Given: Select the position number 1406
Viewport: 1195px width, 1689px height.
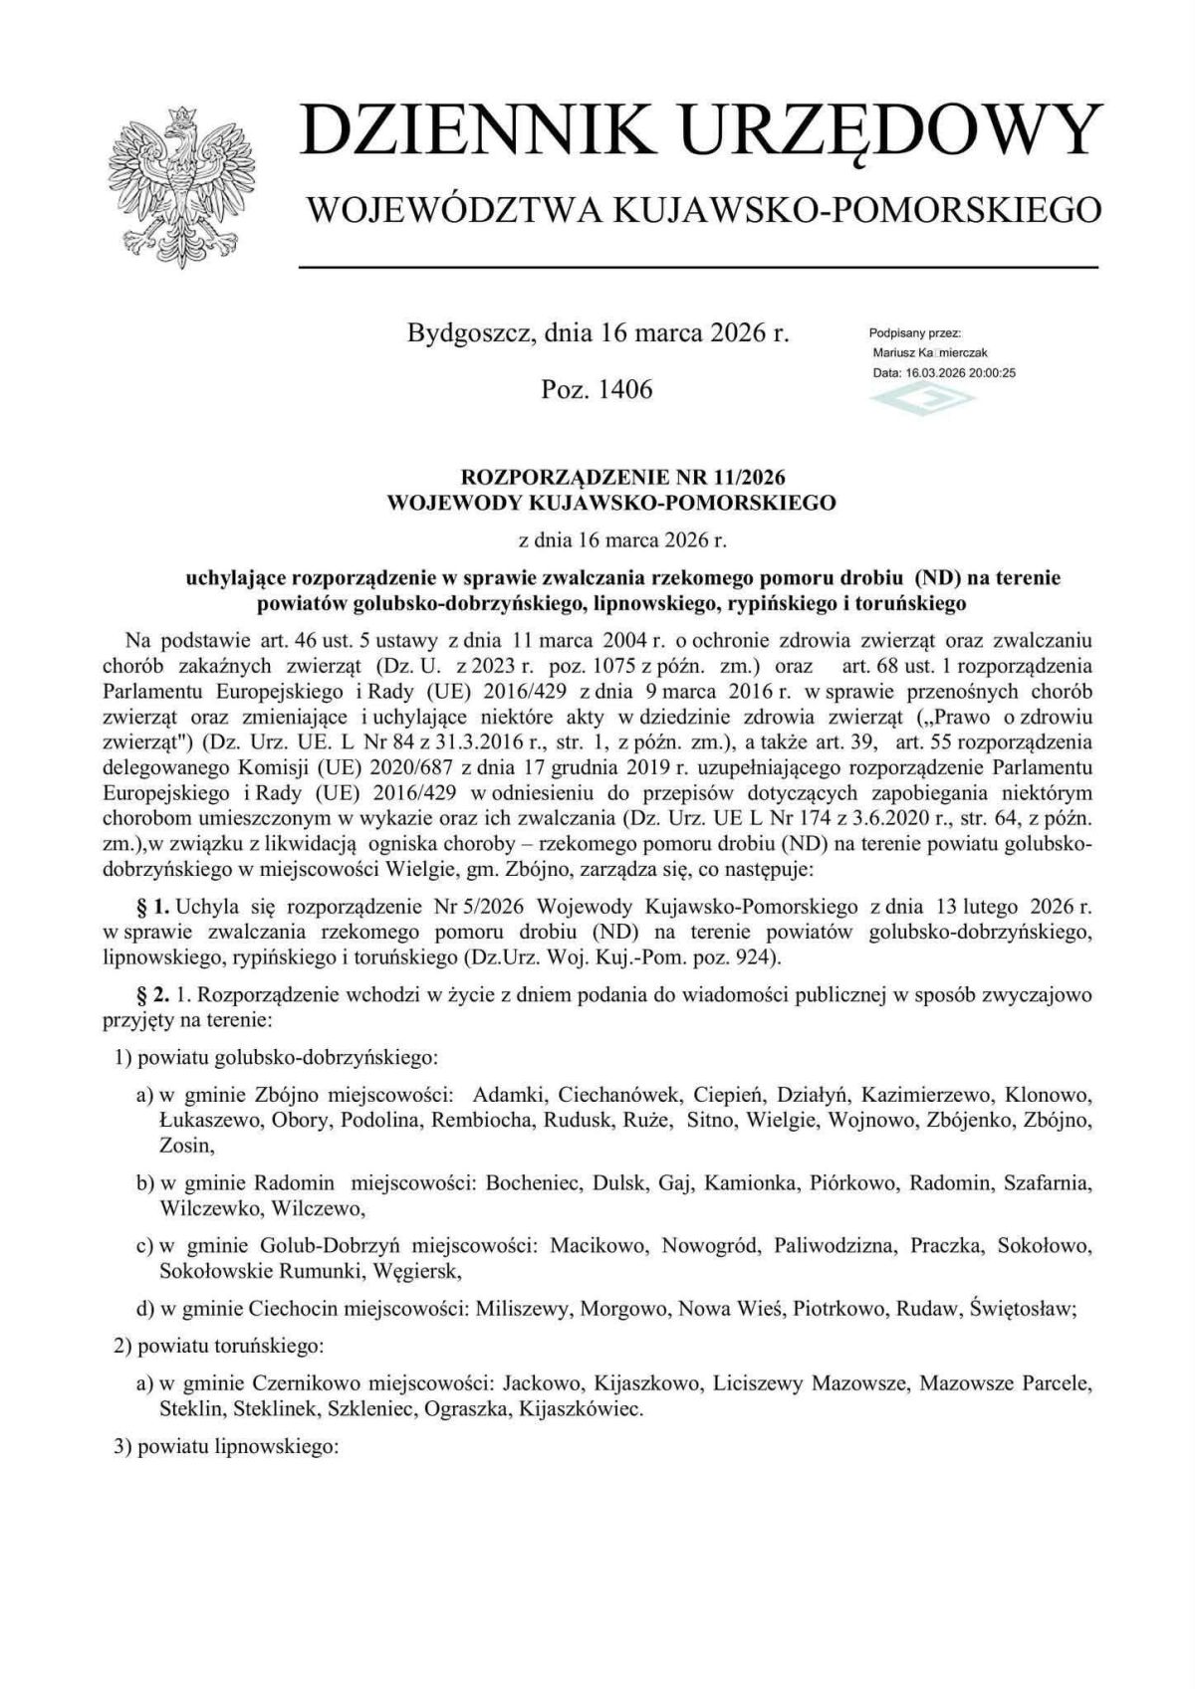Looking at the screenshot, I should (x=624, y=389).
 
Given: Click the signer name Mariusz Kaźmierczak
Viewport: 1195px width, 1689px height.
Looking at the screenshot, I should (x=929, y=352).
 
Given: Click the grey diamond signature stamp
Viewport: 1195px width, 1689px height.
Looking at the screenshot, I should (x=922, y=398).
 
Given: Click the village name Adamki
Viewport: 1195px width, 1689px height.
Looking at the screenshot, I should (x=508, y=1096).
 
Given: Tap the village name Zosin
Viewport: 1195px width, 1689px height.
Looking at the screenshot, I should (x=185, y=1146).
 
